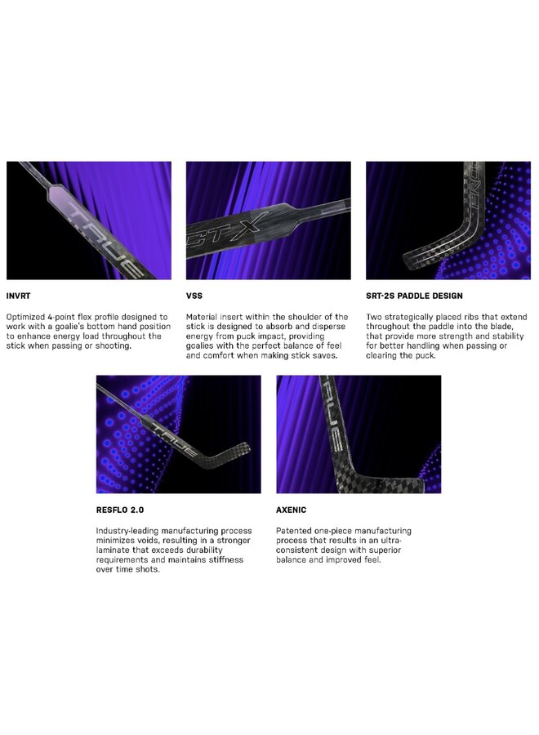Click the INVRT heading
[x=18, y=296]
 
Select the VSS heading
[x=194, y=296]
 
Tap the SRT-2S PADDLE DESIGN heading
[x=414, y=296]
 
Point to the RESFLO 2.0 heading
[x=120, y=510]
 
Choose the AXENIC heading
[x=291, y=510]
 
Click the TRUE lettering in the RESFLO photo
[x=175, y=439]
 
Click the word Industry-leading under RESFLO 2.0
[x=127, y=531]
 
